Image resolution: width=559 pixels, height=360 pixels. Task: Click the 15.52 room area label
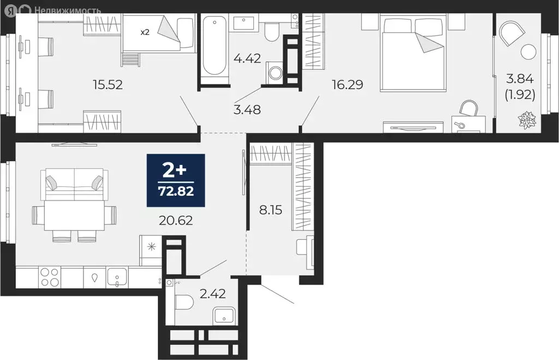(108, 85)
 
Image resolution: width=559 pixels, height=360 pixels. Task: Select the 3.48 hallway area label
(247, 109)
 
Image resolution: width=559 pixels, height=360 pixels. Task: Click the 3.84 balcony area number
(521, 79)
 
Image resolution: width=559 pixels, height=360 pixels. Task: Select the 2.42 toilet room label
(213, 295)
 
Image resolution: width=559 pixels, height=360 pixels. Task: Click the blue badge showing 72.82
(176, 180)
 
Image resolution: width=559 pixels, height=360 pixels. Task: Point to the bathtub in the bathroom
(213, 46)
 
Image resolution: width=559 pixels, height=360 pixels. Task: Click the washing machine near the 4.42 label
(274, 73)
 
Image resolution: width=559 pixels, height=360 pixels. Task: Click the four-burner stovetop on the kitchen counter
(50, 278)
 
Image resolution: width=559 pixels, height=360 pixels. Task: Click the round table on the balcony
(528, 52)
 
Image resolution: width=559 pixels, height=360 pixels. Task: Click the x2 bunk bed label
(145, 32)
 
